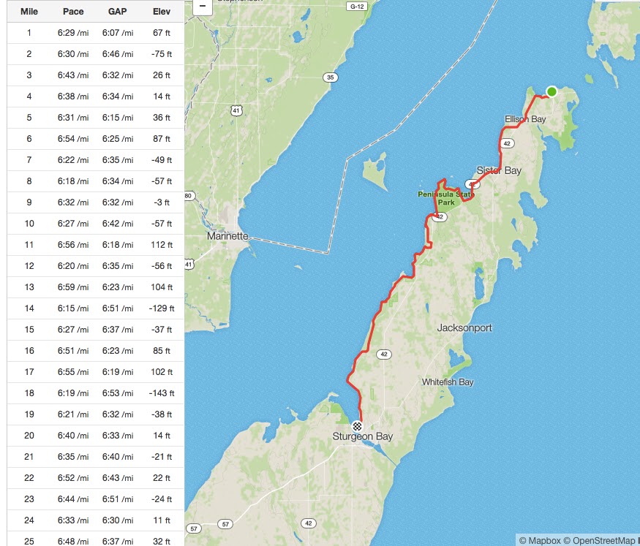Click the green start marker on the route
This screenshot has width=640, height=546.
coord(551,91)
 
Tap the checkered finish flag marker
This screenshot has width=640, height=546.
coord(357,425)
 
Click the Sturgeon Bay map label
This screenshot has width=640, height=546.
coord(363,437)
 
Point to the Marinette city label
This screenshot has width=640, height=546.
coord(227,237)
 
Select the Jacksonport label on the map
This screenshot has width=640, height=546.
coord(464,328)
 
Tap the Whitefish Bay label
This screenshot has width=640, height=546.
coord(448,382)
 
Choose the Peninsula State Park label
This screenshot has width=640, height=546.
coord(445,197)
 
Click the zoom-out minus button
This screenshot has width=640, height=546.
coord(203,6)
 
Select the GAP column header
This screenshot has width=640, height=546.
coord(117,12)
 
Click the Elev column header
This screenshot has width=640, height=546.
coord(162,12)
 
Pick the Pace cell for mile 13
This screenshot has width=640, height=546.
coord(73,287)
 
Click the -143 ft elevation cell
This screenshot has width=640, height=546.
coord(162,393)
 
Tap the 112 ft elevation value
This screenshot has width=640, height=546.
coord(162,245)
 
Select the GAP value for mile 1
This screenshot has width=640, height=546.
coord(117,33)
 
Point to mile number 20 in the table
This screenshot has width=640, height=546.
coord(29,436)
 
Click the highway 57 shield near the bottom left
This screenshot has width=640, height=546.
coord(193,528)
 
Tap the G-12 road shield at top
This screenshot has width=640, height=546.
coord(356,6)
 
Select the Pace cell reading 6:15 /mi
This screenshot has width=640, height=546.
coord(73,308)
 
